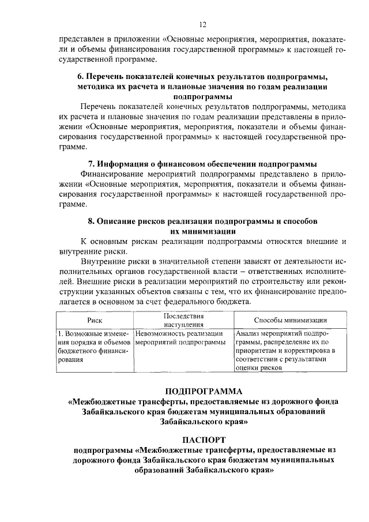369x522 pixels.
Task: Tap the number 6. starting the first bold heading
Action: (x=81, y=76)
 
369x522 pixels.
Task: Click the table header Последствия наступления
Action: (x=183, y=321)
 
